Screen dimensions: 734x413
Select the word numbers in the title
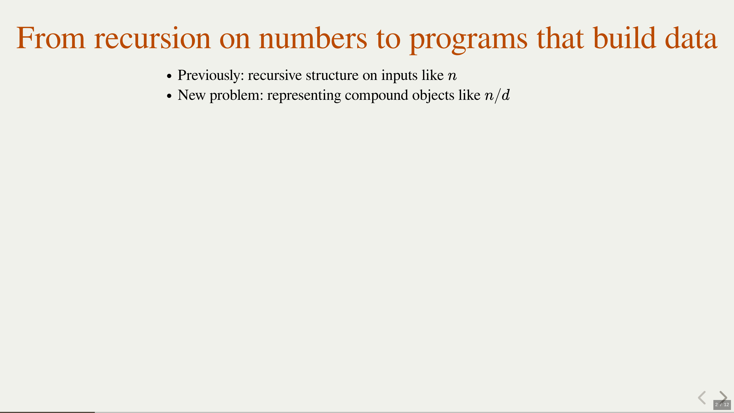pyautogui.click(x=313, y=38)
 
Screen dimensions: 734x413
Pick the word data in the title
pyautogui.click(x=691, y=38)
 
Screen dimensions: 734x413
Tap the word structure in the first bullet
pyautogui.click(x=332, y=75)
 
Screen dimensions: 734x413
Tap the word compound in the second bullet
pyautogui.click(x=377, y=96)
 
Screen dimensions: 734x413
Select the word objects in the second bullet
pyautogui.click(x=433, y=96)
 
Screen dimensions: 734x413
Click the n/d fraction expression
pyautogui.click(x=497, y=95)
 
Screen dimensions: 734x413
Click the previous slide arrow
pyautogui.click(x=702, y=398)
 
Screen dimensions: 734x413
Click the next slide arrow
pyautogui.click(x=723, y=398)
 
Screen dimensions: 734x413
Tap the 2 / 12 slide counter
pyautogui.click(x=722, y=404)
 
